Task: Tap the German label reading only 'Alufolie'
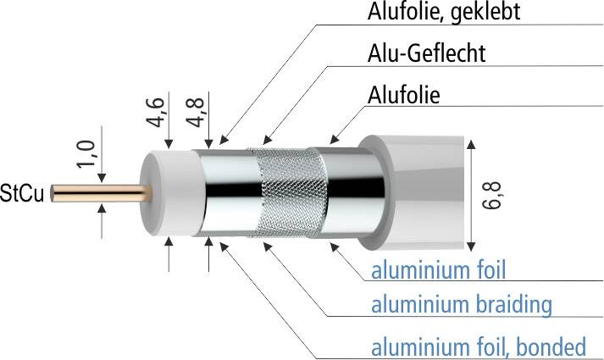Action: pos(403,95)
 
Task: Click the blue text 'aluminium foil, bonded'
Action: pos(479,346)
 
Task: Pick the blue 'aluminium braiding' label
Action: pos(462,305)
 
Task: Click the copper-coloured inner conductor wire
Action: pos(102,193)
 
